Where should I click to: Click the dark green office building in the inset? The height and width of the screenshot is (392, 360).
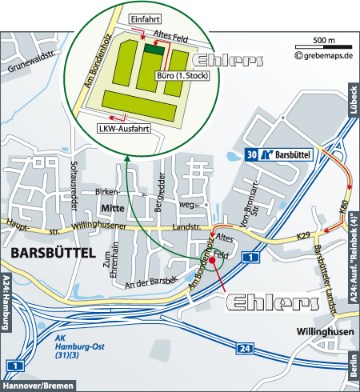point(154,50)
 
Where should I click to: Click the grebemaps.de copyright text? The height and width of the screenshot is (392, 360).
point(323,56)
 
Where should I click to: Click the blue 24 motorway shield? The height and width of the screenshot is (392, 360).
point(246,348)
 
